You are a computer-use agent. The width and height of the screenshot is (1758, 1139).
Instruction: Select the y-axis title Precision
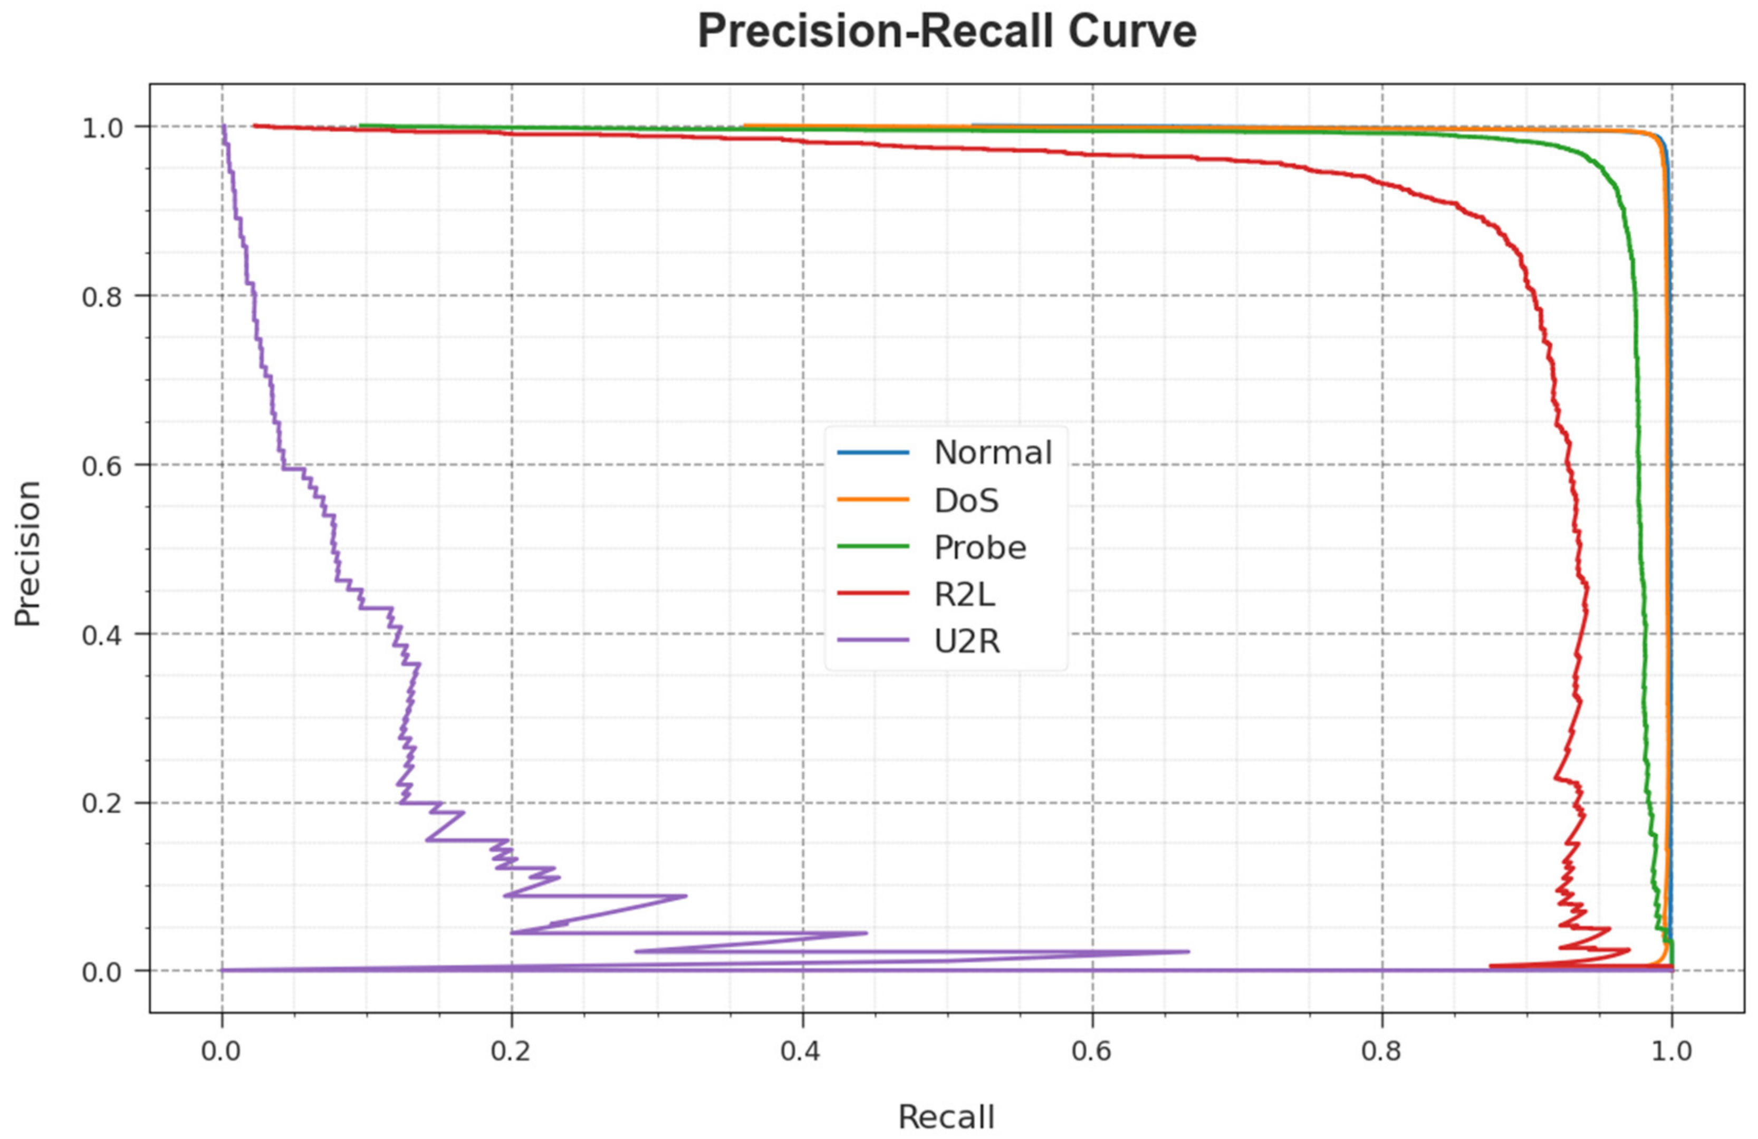pyautogui.click(x=28, y=554)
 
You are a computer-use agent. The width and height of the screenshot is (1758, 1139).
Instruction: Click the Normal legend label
pyautogui.click(x=993, y=452)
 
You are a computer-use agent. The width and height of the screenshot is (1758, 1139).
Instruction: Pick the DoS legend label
pyautogui.click(x=966, y=501)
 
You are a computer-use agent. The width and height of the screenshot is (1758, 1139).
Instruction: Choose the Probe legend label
pyautogui.click(x=980, y=547)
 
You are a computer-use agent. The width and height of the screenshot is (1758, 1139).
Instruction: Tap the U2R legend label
pyautogui.click(x=967, y=641)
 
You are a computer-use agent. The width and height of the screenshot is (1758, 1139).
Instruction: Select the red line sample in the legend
pyautogui.click(x=872, y=594)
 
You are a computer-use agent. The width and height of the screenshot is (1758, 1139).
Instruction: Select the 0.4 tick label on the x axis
pyautogui.click(x=801, y=1050)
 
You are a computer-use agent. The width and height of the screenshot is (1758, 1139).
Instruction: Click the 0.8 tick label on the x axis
pyautogui.click(x=1381, y=1050)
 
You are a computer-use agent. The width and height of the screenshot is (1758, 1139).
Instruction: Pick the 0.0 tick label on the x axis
pyautogui.click(x=222, y=1050)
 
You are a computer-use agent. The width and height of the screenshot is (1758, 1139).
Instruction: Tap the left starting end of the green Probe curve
pyautogui.click(x=360, y=126)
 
